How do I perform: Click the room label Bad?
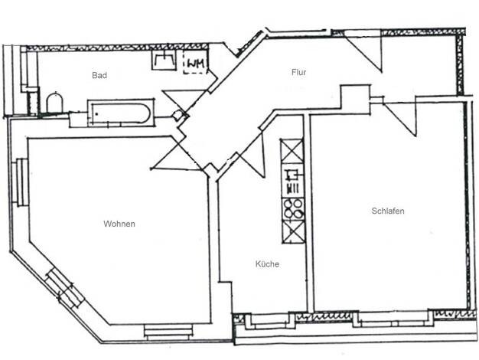point(99,75)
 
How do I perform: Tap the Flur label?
point(298,72)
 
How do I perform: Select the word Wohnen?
point(119,224)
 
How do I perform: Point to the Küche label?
point(267,264)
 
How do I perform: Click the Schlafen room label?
point(388,211)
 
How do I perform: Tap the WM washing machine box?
point(196,62)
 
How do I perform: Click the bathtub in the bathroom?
point(120,113)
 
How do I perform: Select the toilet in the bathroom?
point(54,103)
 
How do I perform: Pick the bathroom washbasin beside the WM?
point(164,60)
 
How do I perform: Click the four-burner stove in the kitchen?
point(293,209)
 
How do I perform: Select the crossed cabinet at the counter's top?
point(292,151)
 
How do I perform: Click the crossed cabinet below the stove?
point(294,232)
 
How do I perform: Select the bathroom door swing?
point(184,101)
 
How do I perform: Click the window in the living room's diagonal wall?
point(64,287)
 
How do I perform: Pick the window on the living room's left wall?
point(21,182)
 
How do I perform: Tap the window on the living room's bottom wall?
point(168,332)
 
